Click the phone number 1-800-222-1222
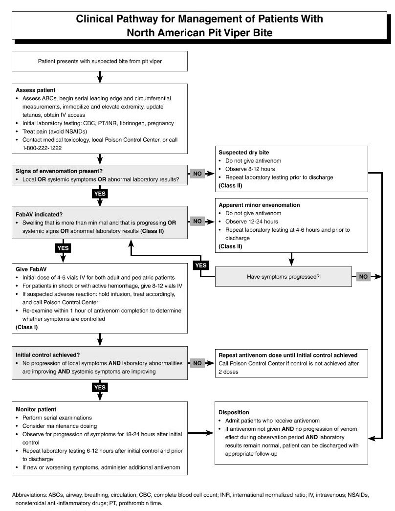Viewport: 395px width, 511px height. click(x=42, y=148)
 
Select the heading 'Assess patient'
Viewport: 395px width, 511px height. click(x=36, y=90)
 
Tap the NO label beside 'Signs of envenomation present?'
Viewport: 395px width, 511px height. click(x=197, y=174)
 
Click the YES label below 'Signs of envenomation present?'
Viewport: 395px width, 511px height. click(x=100, y=194)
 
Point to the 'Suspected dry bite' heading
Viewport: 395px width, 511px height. click(x=244, y=152)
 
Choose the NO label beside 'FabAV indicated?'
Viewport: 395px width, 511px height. click(x=197, y=222)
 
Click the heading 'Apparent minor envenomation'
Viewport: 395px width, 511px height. click(x=259, y=205)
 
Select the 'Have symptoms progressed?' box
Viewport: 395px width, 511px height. click(x=283, y=277)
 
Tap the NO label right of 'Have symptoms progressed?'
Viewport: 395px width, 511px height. click(x=363, y=277)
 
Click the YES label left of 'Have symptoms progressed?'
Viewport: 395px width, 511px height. click(x=201, y=265)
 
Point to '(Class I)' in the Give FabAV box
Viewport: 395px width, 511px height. click(x=27, y=327)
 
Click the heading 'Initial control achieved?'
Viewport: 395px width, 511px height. click(x=47, y=355)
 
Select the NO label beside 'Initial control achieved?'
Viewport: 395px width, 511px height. click(x=197, y=363)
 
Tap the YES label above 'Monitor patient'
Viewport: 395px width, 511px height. click(x=100, y=387)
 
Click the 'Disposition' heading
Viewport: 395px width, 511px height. click(x=234, y=412)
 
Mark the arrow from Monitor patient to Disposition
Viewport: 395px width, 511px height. click(x=201, y=433)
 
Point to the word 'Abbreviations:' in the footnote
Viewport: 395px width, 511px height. click(x=29, y=495)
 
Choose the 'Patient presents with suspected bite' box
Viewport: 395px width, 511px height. click(x=100, y=61)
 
